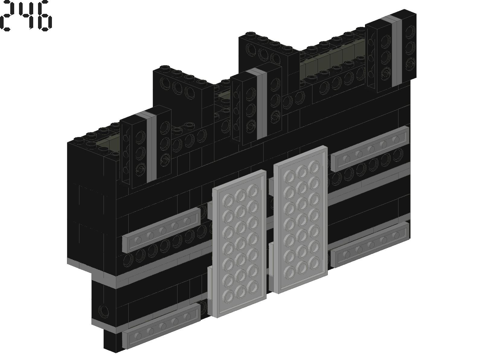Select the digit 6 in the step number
click(44, 16)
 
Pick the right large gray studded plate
click(300, 220)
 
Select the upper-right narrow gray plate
click(370, 149)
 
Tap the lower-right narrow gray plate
click(370, 245)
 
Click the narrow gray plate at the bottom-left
click(162, 326)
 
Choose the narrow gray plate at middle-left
click(162, 230)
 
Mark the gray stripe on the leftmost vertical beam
click(152, 146)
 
